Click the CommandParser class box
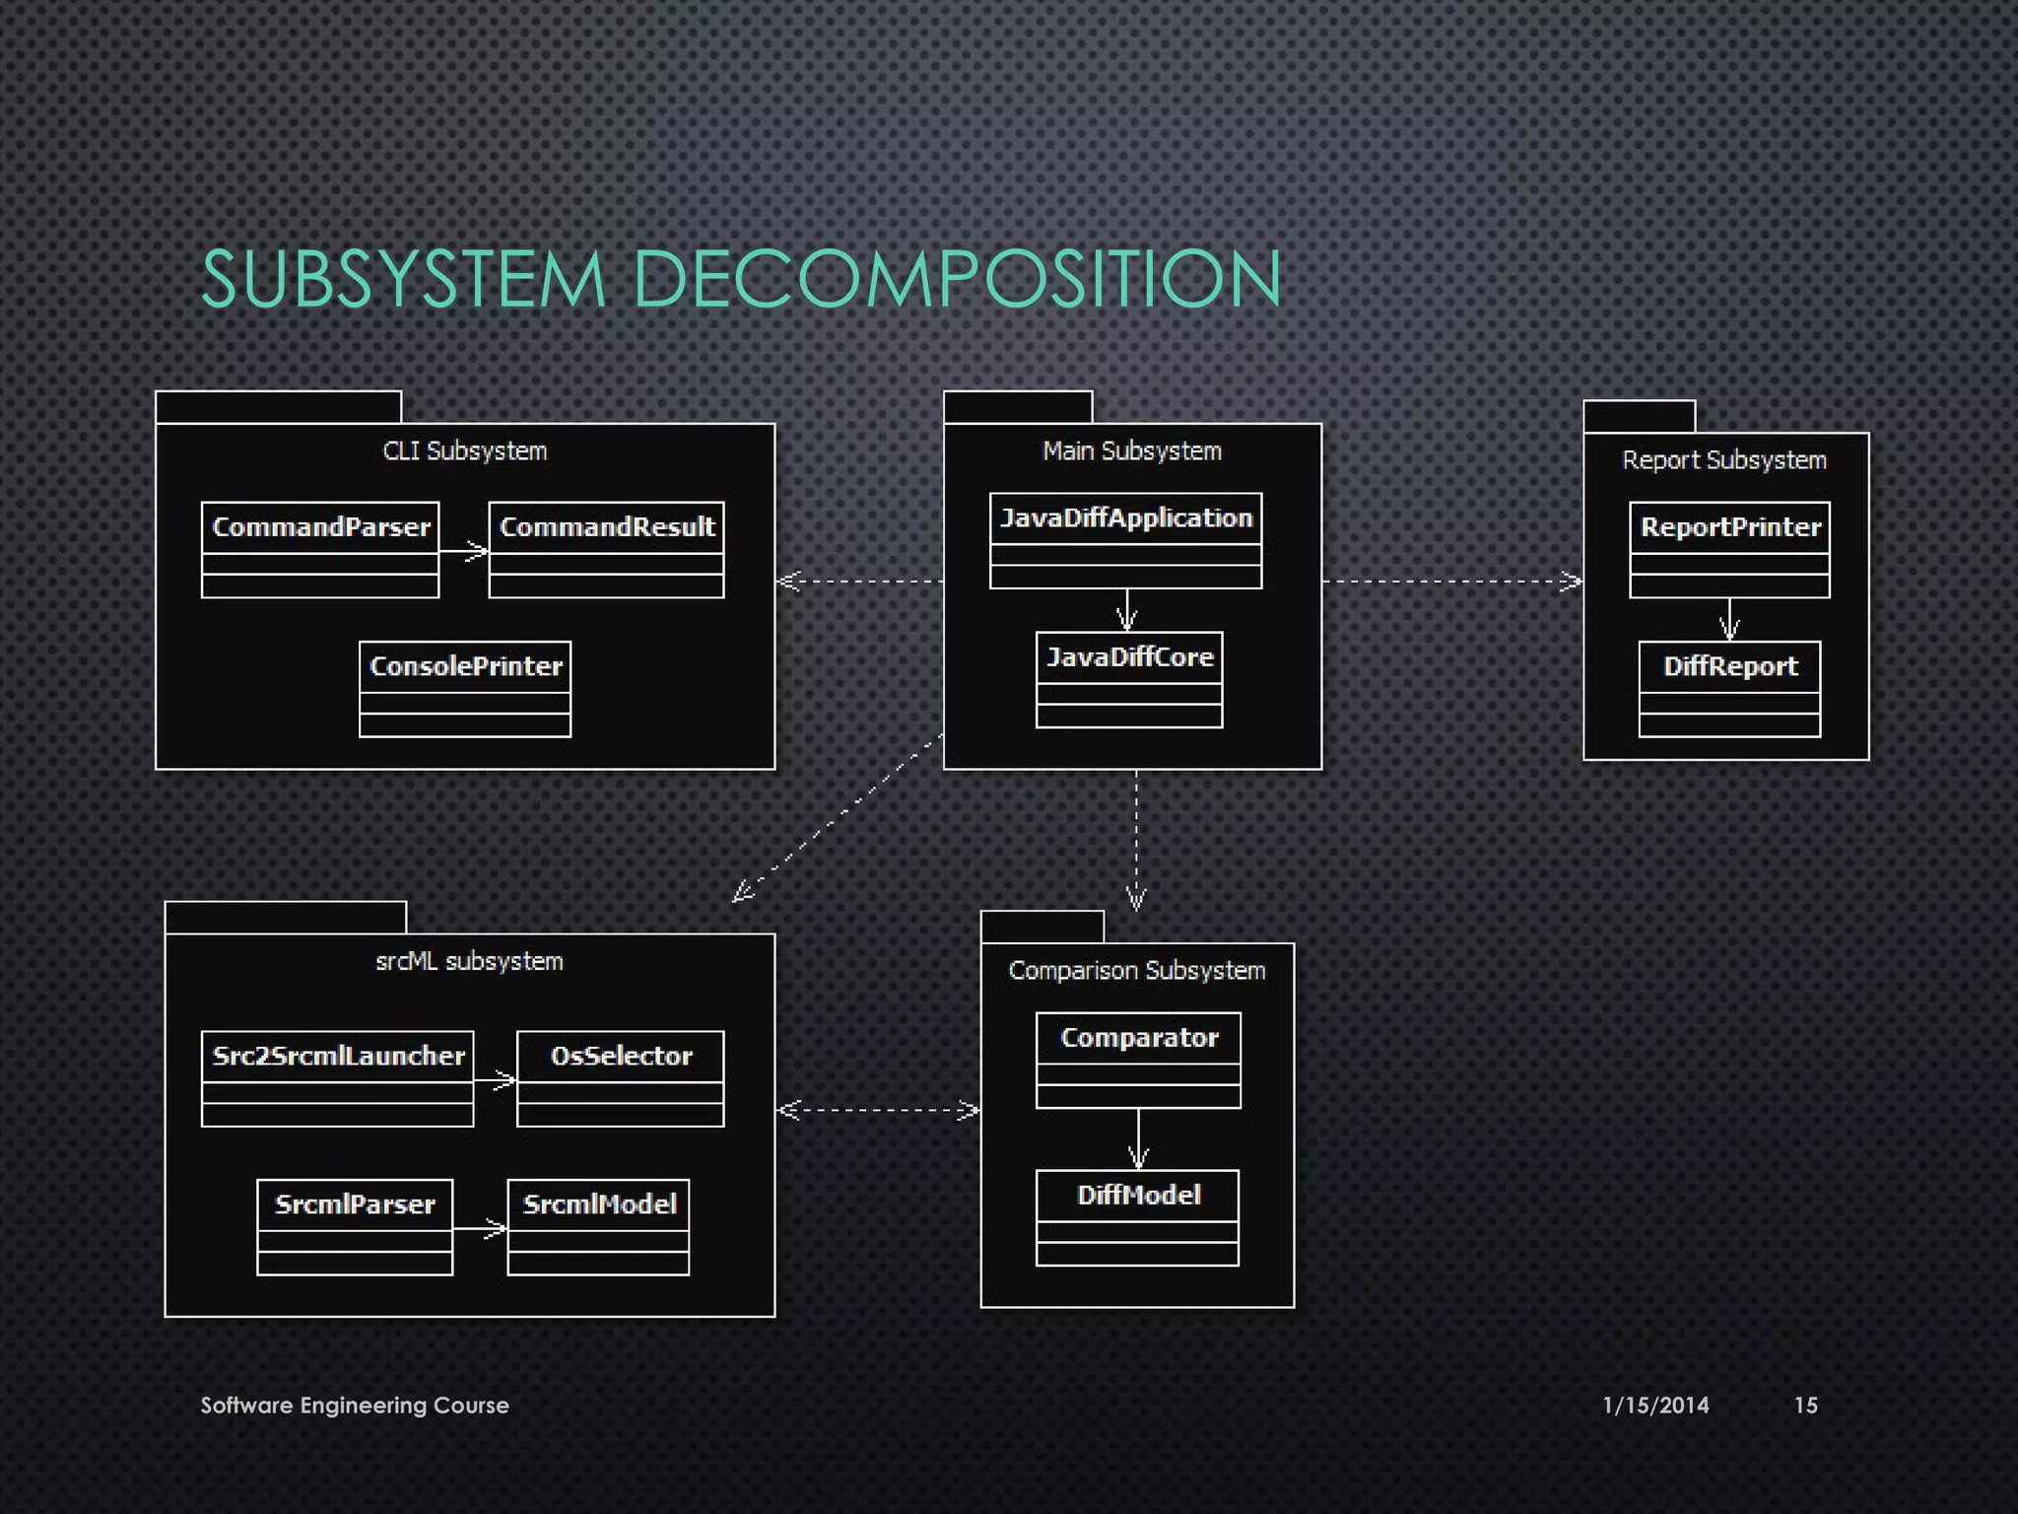coord(320,549)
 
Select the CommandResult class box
coord(606,549)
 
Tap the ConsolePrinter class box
coord(465,688)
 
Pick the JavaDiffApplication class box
coord(1125,540)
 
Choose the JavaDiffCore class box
coord(1129,679)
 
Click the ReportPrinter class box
coord(1729,549)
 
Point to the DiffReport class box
coord(1729,688)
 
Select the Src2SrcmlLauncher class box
coord(337,1078)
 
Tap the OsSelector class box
coord(620,1078)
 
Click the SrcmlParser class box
coord(355,1226)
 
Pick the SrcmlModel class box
coord(598,1226)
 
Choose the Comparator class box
coord(1138,1060)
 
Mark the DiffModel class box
coord(1137,1217)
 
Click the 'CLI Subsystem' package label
coord(465,451)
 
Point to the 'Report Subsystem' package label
coord(1724,460)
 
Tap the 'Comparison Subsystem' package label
coord(1137,971)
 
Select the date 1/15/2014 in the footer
coord(1655,1406)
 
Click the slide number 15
coord(1805,1406)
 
